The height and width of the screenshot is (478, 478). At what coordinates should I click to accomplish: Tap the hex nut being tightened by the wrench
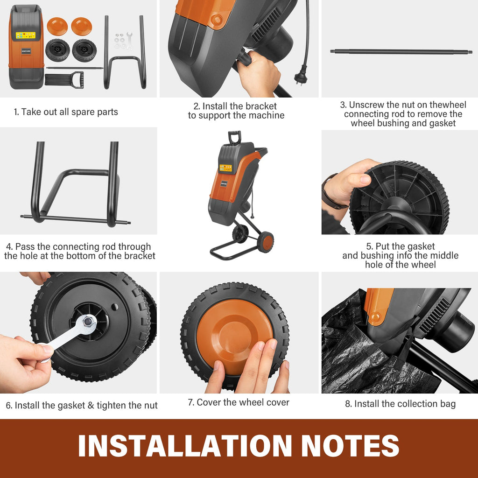[x=88, y=321]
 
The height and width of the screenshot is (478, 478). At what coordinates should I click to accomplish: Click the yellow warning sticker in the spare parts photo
[x=26, y=35]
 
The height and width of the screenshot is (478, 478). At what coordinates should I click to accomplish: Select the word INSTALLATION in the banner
[x=185, y=445]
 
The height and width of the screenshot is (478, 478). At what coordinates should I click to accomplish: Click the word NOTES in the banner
[x=350, y=445]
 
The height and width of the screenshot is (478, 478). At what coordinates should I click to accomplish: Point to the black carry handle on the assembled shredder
[x=234, y=137]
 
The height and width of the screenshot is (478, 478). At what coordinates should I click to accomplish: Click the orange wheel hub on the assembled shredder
[x=267, y=243]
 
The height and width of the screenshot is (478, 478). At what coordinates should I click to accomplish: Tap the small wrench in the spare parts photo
[x=130, y=41]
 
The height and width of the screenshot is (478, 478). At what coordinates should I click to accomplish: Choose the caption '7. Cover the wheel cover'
[x=239, y=402]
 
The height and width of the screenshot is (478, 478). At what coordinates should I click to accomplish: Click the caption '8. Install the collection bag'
[x=400, y=404]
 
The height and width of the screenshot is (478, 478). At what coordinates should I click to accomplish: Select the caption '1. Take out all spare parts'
[x=66, y=112]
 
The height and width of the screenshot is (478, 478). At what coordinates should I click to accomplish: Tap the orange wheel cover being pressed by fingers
[x=234, y=335]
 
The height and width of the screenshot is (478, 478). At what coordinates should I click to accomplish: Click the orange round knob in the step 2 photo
[x=217, y=20]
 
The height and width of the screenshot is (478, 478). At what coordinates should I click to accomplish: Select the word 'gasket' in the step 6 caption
[x=71, y=406]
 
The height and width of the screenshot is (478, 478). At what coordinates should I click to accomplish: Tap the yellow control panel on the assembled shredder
[x=225, y=168]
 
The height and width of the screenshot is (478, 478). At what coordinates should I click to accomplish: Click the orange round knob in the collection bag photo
[x=375, y=317]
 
